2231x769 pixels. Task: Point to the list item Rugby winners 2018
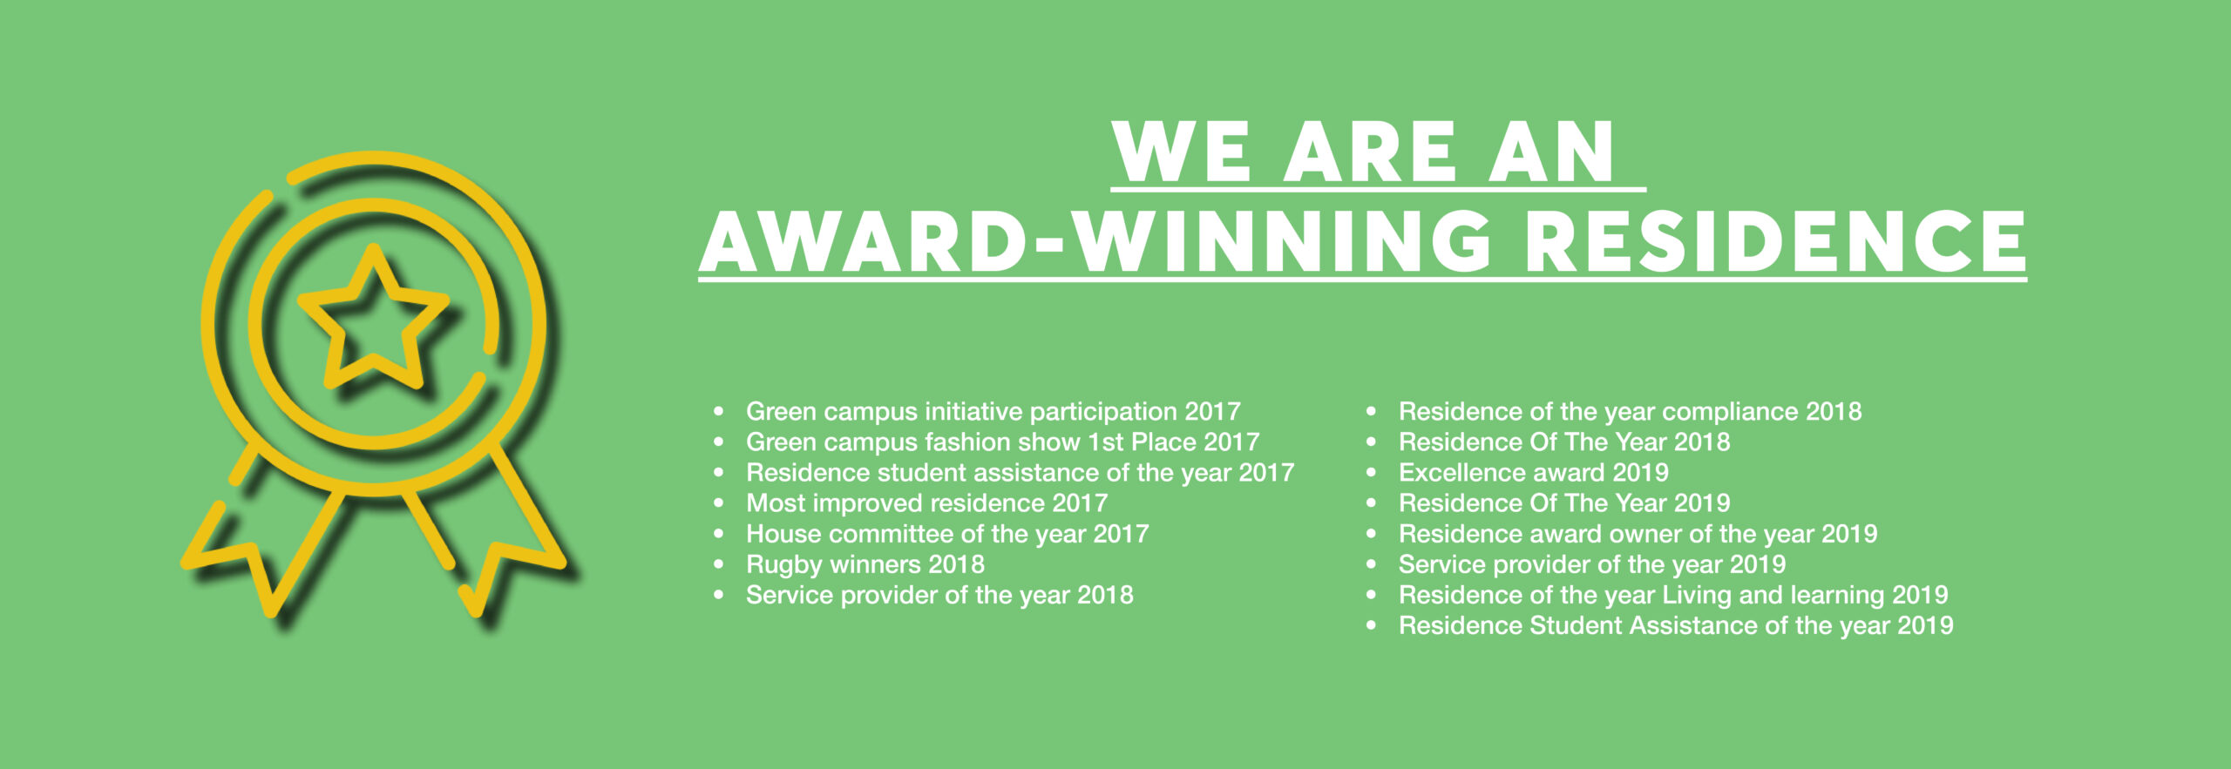coord(865,564)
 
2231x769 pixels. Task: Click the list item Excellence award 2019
coord(1533,473)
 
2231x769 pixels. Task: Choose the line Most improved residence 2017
coord(926,503)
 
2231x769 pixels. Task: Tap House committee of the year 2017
coord(947,534)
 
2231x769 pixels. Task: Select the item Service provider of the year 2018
coord(939,595)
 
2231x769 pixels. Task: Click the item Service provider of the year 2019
coord(1592,564)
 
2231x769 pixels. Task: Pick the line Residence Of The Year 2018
coord(1564,442)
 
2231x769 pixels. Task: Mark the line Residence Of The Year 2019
coord(1564,503)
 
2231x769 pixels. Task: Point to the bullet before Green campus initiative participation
coord(719,412)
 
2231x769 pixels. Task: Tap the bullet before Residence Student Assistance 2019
coord(1372,625)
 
